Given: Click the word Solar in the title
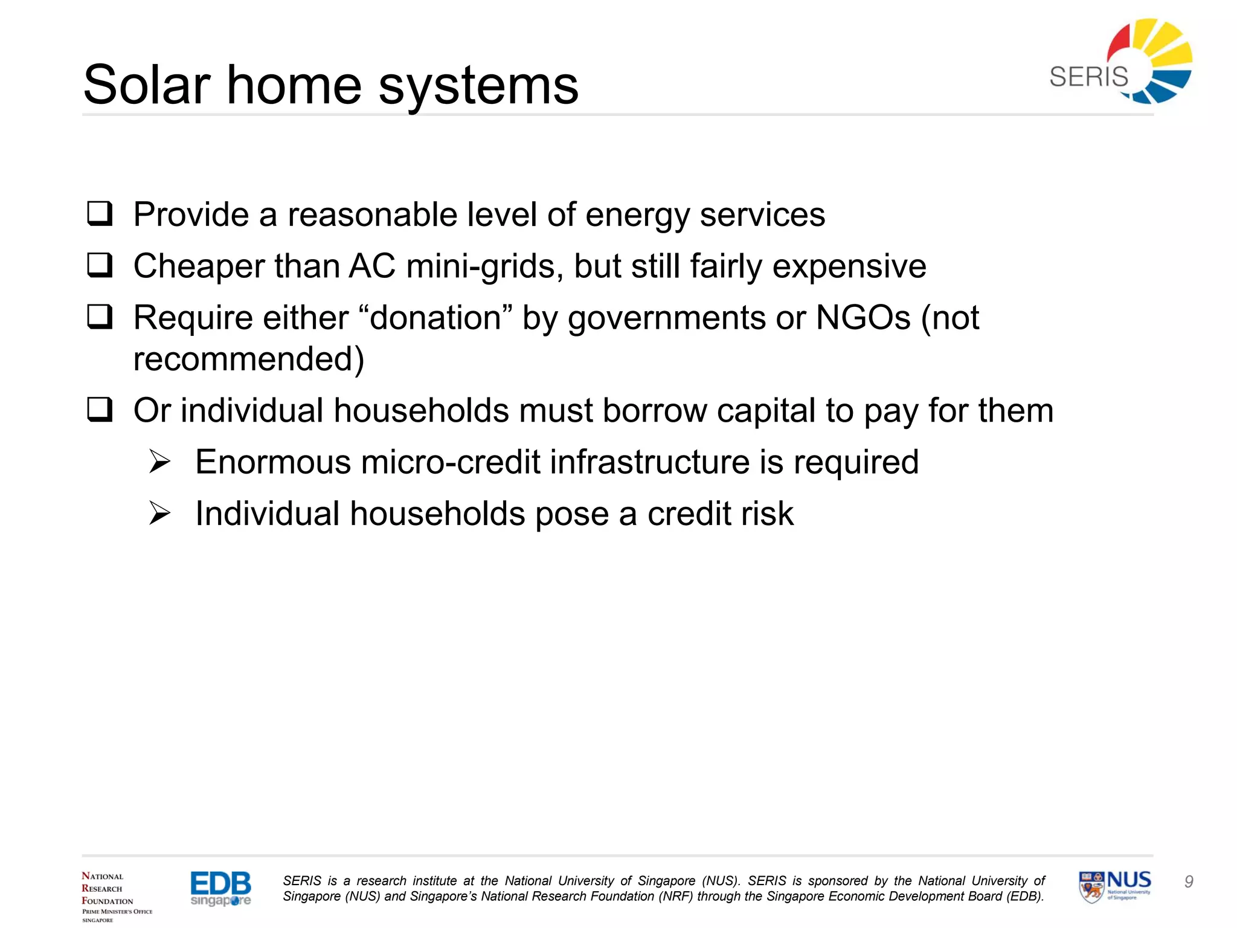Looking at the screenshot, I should coord(147,85).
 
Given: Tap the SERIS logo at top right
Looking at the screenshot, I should coord(1121,62).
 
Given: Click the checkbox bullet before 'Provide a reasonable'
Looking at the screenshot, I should coord(100,214).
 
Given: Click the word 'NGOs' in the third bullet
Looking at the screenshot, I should coord(863,318).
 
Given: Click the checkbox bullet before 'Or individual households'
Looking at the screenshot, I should coord(100,410).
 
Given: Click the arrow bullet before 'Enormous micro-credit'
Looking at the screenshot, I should coord(160,462).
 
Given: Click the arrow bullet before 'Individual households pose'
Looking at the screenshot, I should coord(160,514).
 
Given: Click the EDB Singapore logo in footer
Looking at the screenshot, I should coord(220,888).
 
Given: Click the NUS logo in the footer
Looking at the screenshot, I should coord(1115,886).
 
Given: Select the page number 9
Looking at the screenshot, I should coord(1189,881).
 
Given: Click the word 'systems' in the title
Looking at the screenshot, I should coord(478,85).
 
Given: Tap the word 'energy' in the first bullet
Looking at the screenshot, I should coord(637,215).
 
